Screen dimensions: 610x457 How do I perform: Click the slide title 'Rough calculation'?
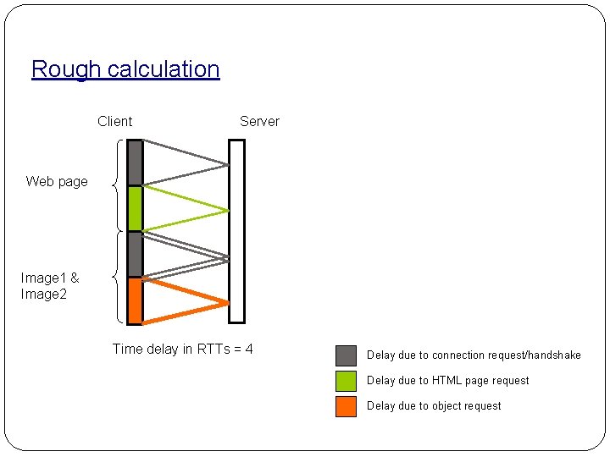point(125,69)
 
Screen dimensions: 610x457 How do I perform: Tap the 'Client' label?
point(115,121)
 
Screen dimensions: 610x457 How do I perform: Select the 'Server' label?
point(259,121)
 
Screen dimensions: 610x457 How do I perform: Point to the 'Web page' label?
point(57,181)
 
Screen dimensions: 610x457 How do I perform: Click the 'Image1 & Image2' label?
point(50,286)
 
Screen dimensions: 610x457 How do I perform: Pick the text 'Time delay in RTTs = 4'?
point(182,349)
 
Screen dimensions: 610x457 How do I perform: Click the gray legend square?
point(346,355)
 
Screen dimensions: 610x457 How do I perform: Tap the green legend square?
point(346,381)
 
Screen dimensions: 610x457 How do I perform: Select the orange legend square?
point(346,406)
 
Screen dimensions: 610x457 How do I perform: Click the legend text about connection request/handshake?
point(474,355)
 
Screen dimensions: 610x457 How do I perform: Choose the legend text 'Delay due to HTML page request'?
point(447,381)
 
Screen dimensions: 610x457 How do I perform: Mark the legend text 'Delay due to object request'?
point(434,406)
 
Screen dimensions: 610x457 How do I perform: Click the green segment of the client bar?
point(135,208)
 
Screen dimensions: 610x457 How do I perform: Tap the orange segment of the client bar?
point(135,300)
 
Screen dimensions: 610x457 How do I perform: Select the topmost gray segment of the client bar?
point(135,162)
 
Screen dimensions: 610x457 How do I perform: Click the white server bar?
point(236,231)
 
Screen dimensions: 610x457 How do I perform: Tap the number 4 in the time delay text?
point(249,349)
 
